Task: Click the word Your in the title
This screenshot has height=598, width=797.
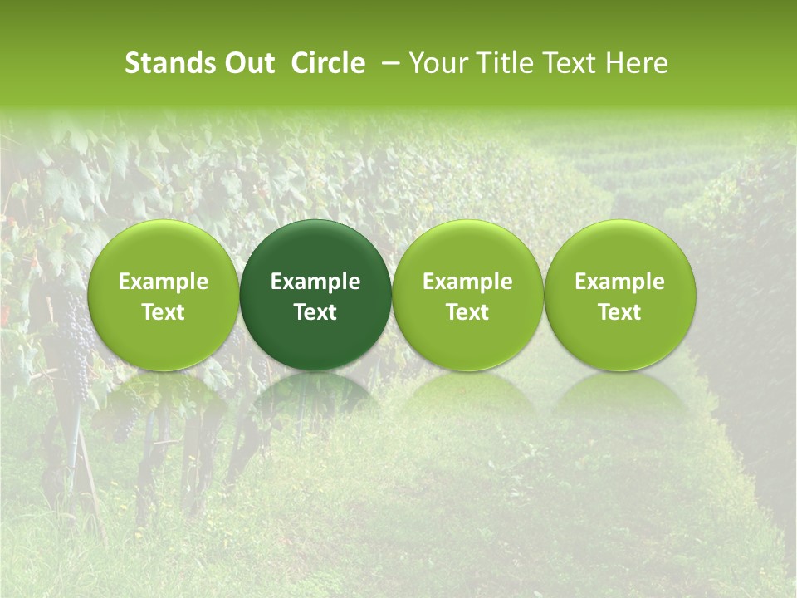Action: pos(438,63)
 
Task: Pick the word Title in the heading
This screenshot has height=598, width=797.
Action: pos(506,63)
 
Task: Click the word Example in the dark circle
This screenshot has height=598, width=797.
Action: pos(315,282)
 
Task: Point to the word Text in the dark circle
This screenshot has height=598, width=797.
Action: pos(315,312)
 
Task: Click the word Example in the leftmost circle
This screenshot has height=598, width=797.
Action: pos(163,282)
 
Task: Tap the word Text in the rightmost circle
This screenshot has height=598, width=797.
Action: pos(620,312)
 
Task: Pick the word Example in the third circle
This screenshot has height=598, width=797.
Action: pos(467,282)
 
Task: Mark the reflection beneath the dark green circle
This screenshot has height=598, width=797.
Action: pos(315,395)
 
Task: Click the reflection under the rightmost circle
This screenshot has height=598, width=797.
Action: pos(620,395)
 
